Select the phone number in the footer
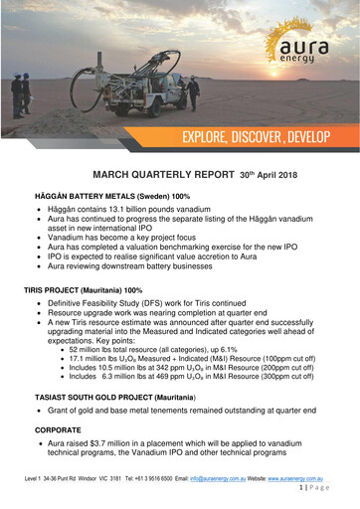(x=151, y=488)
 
